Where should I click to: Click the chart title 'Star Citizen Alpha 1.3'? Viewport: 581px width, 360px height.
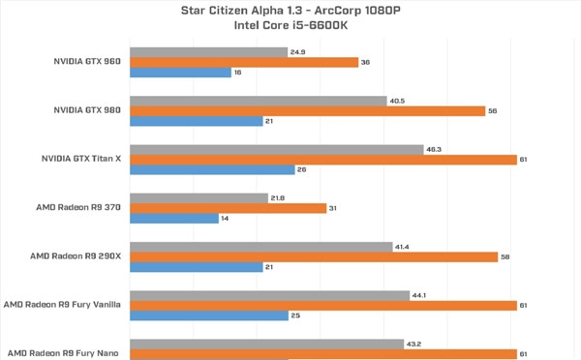(241, 11)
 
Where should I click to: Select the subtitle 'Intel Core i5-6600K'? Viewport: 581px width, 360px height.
(290, 25)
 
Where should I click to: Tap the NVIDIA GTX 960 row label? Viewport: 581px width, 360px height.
(87, 61)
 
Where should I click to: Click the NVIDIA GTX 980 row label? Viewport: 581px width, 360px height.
(87, 110)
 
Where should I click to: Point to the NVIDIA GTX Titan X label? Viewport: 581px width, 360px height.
(81, 159)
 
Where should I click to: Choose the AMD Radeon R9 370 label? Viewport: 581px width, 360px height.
(78, 207)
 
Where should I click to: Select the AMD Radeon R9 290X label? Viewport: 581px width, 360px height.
(76, 255)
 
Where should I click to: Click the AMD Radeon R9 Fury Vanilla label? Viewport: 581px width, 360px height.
(62, 305)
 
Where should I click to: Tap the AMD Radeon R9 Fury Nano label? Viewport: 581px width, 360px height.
(63, 353)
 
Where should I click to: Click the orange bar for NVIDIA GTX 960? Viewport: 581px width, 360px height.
(244, 62)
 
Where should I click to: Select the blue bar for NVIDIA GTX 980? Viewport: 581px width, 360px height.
(197, 121)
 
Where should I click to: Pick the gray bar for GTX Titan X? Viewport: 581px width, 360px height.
(277, 150)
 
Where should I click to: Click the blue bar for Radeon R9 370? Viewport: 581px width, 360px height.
(174, 219)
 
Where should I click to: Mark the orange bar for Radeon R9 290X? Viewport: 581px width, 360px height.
(314, 257)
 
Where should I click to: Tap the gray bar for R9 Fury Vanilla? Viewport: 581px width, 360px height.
(270, 295)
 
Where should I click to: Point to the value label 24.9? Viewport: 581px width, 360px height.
(298, 52)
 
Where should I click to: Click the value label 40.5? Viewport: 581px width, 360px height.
(397, 101)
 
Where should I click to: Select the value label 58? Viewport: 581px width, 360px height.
(505, 256)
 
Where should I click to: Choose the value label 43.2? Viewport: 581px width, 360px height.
(413, 345)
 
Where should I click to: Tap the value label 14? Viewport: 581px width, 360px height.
(225, 219)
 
